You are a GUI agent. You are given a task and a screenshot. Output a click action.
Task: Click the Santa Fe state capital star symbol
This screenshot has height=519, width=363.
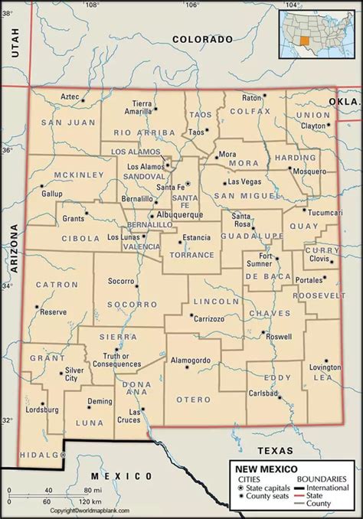click(x=186, y=184)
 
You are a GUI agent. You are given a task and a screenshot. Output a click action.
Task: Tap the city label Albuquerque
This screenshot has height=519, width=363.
click(x=180, y=216)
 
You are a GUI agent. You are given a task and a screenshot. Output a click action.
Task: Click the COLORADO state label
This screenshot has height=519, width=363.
click(x=201, y=38)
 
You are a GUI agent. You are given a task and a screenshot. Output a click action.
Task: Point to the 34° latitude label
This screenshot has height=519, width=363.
click(x=7, y=286)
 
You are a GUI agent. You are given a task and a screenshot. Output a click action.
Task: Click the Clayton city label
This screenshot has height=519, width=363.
click(x=313, y=125)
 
